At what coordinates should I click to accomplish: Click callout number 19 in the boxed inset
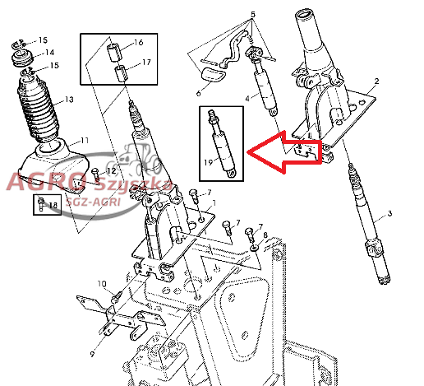(x=208, y=162)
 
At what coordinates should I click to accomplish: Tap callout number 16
(x=139, y=42)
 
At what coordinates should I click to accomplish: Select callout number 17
(x=146, y=62)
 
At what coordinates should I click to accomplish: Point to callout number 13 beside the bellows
(x=69, y=100)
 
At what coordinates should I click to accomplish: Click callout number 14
(x=49, y=52)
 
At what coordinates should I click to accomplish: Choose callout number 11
(x=85, y=141)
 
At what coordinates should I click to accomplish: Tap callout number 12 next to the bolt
(x=111, y=171)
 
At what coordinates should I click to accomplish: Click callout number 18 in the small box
(x=53, y=205)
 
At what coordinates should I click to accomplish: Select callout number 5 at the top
(x=253, y=14)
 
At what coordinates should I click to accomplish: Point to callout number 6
(x=198, y=93)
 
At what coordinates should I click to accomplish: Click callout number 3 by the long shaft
(x=389, y=213)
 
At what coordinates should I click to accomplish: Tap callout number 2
(x=376, y=81)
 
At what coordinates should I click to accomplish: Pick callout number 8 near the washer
(x=265, y=235)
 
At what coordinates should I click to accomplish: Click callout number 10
(x=102, y=284)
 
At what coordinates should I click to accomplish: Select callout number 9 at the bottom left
(x=92, y=354)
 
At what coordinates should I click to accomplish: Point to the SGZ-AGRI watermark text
(x=93, y=202)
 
